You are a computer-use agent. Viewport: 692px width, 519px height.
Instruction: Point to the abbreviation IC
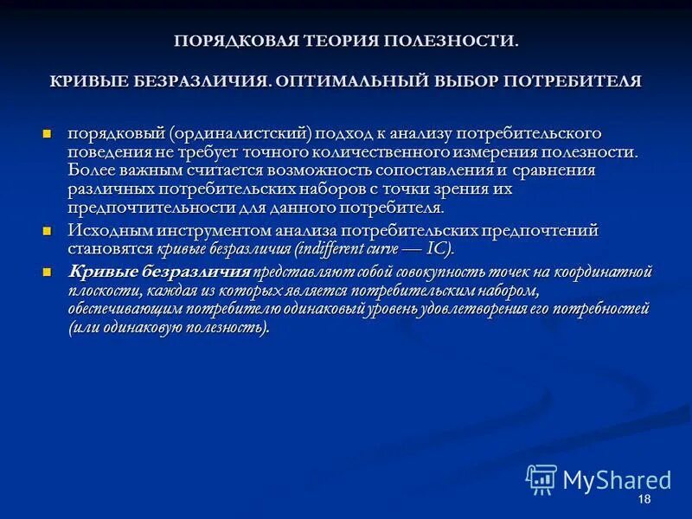tap(437, 249)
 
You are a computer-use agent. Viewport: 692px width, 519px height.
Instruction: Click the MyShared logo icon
tap(541, 478)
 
